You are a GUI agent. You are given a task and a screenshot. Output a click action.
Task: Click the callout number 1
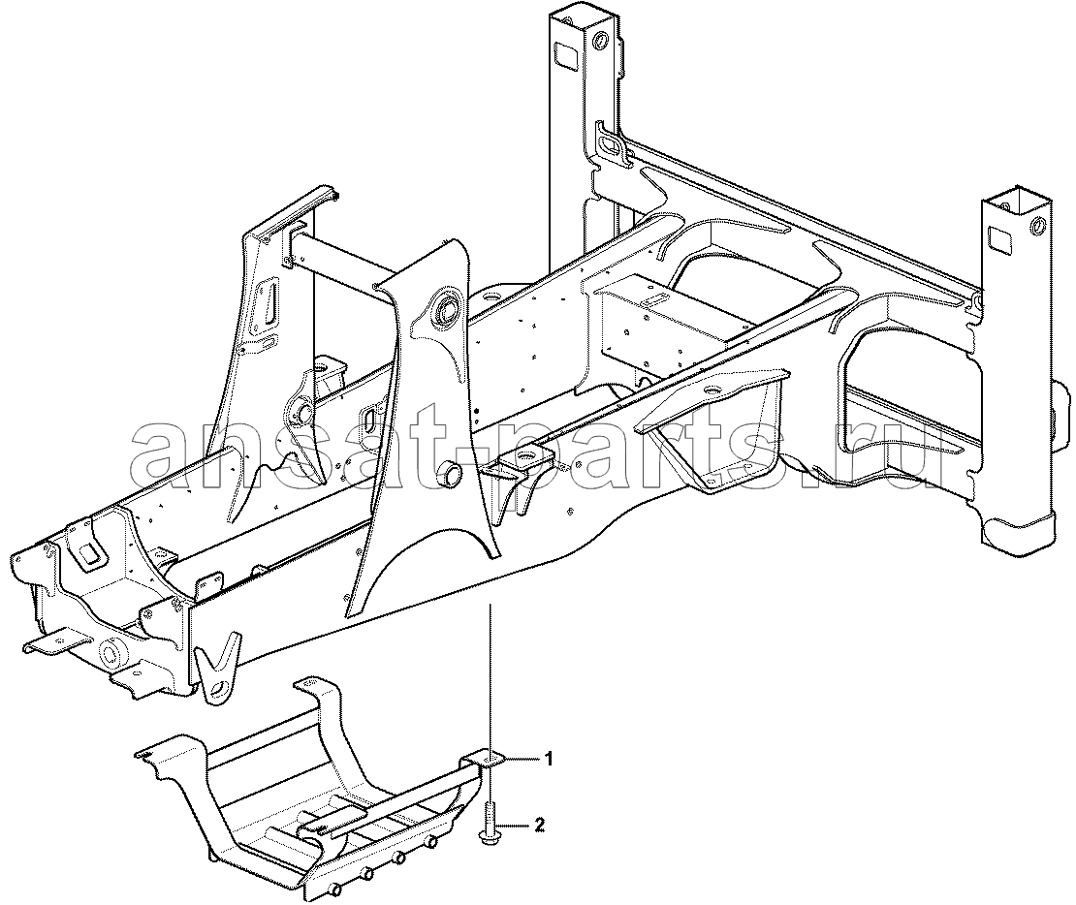click(549, 758)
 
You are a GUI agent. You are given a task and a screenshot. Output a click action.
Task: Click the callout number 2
click(539, 825)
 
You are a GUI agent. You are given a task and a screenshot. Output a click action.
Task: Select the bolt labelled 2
click(490, 824)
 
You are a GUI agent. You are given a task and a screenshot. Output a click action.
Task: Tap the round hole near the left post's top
click(602, 39)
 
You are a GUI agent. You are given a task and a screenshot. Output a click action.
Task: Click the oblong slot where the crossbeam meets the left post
click(610, 144)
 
